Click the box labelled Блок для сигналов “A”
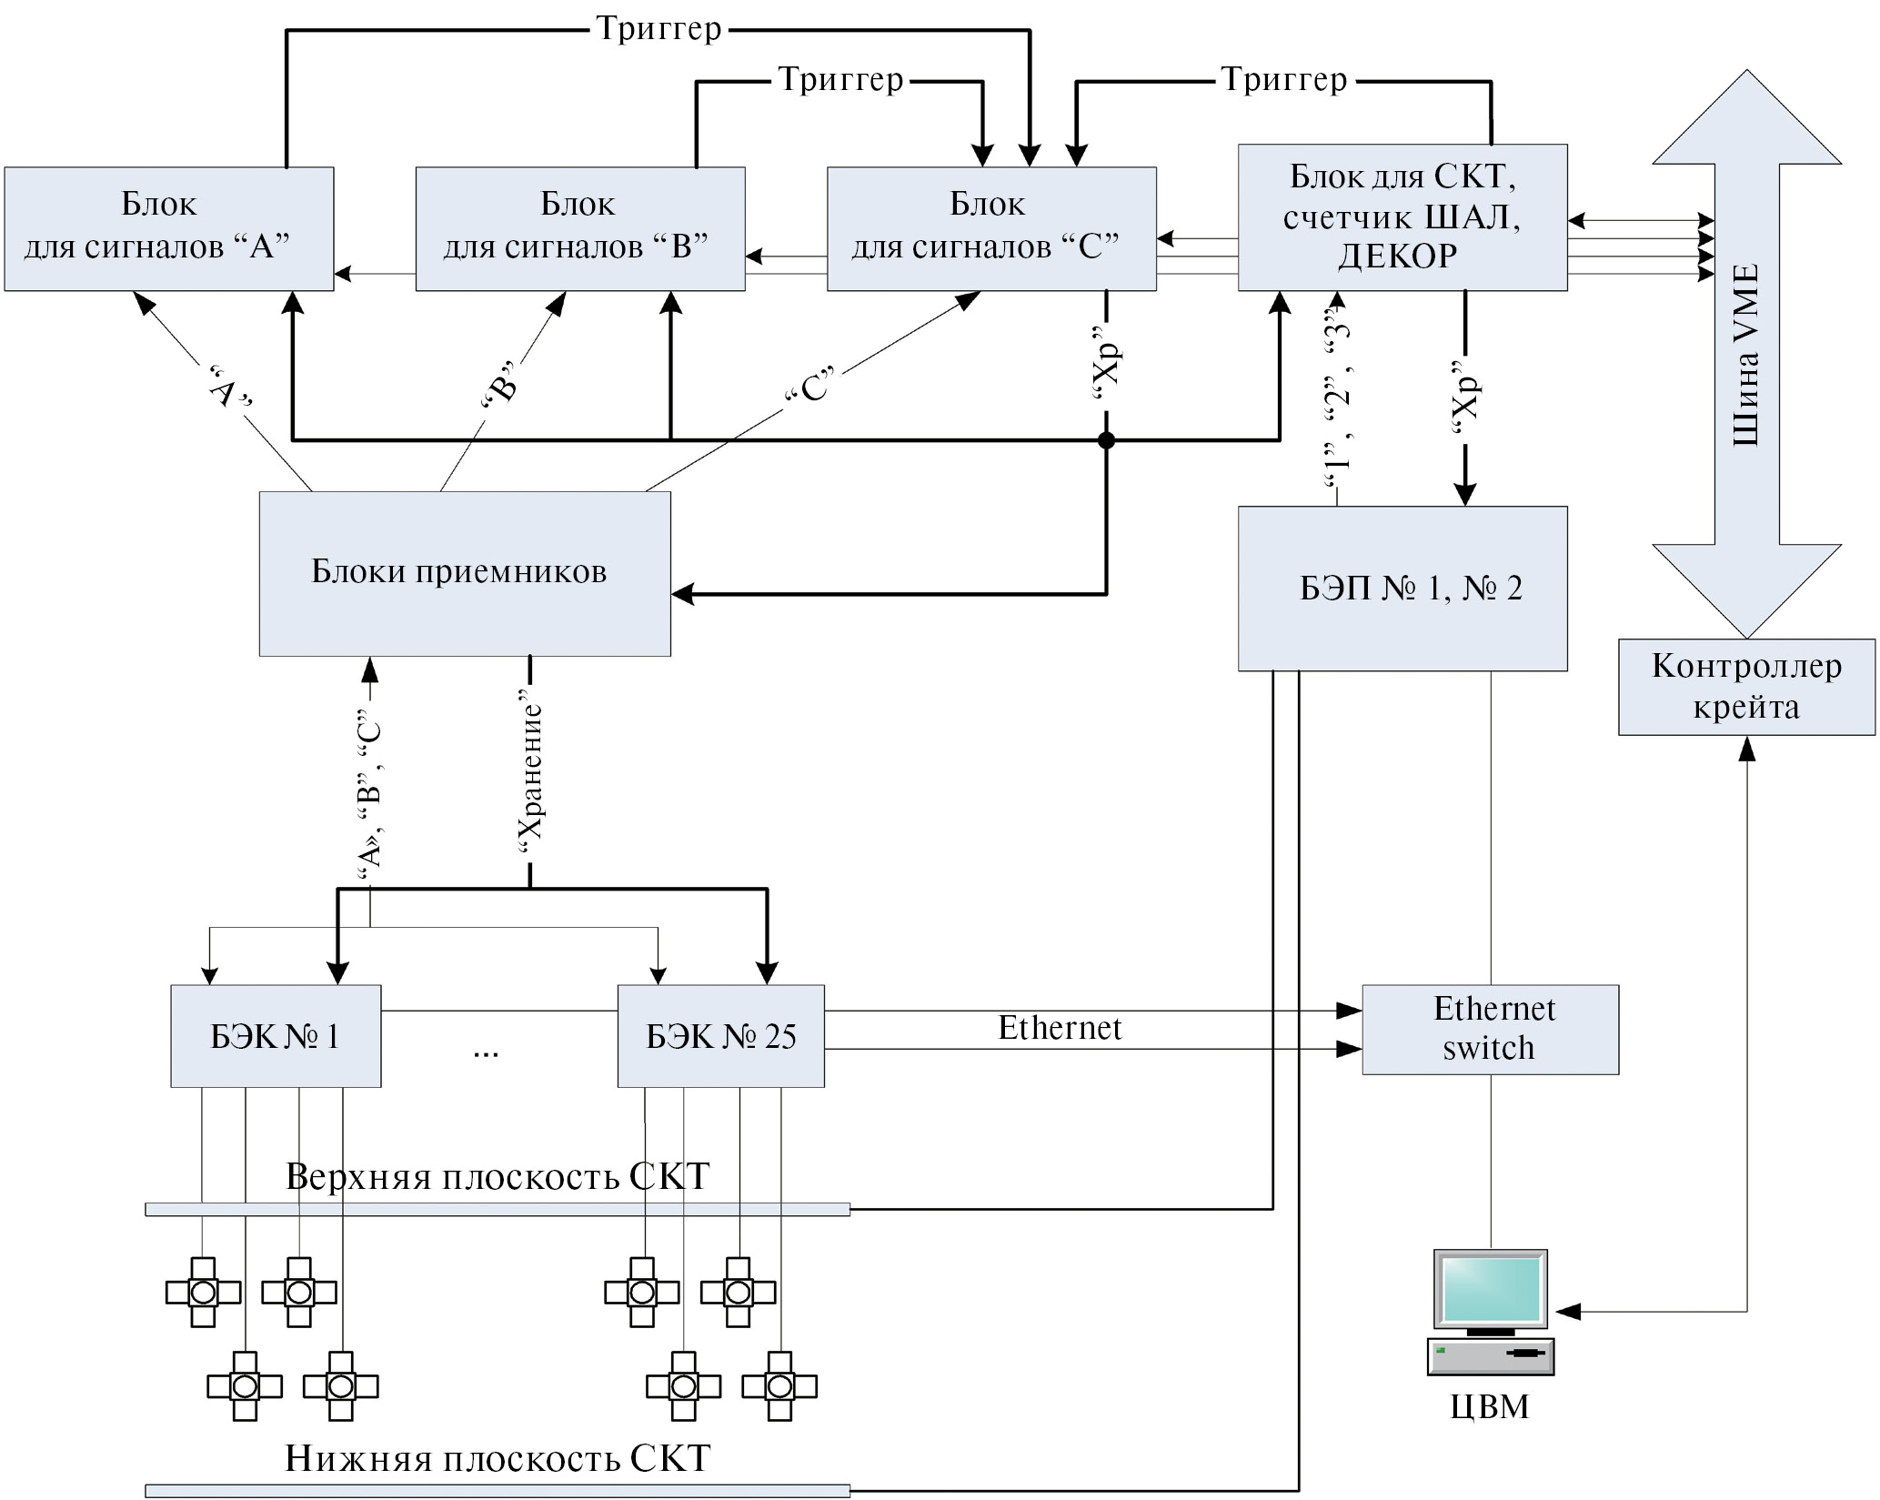point(169,228)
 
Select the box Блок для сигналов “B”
point(580,228)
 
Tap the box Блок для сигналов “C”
point(991,228)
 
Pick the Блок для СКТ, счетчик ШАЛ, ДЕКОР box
point(1402,217)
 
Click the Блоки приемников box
point(465,573)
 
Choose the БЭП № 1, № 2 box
point(1402,589)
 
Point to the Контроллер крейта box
point(1746,687)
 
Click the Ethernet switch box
point(1490,1029)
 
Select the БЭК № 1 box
point(276,1036)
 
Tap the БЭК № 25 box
point(721,1036)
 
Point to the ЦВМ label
point(1490,1406)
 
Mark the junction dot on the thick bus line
point(1106,441)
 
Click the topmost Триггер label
point(659,29)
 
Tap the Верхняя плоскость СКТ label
point(498,1176)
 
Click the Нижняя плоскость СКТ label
point(498,1458)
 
